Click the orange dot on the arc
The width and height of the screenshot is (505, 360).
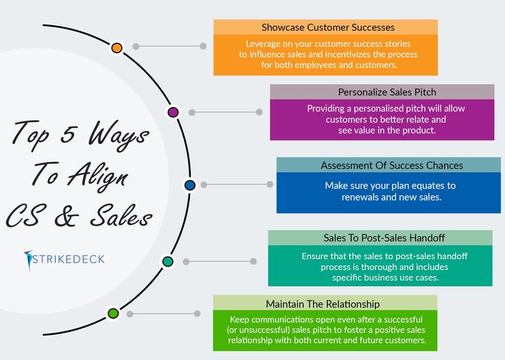117,48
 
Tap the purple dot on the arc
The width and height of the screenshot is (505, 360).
174,112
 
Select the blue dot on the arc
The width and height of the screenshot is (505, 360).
190,185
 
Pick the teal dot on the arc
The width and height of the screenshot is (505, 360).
168,261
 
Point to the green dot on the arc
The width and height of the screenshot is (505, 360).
113,313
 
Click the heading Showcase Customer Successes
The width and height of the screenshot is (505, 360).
328,27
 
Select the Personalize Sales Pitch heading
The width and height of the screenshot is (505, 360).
387,92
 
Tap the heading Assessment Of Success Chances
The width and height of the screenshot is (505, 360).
392,165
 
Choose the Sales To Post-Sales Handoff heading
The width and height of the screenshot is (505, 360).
384,238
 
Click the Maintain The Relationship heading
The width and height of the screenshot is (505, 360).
322,304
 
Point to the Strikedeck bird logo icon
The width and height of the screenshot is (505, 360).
28,260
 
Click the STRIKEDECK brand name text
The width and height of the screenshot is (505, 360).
69,259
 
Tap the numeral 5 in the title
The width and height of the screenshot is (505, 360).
69,133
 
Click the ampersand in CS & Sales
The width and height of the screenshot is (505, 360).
67,215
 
